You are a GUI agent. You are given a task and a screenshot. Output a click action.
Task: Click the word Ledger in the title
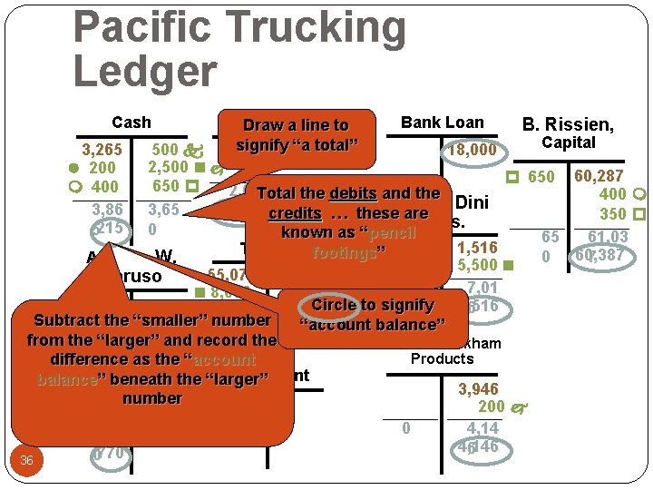[x=145, y=72]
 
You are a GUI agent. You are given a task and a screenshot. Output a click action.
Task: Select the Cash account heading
[x=132, y=122]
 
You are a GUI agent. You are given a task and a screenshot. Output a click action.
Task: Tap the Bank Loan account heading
[x=443, y=122]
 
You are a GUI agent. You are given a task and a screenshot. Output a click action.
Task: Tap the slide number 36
[x=26, y=461]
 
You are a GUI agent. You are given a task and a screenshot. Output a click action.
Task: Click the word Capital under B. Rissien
[x=569, y=142]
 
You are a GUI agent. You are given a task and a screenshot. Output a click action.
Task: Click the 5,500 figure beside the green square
[x=478, y=266]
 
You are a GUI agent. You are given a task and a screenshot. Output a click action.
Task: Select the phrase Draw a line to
[x=297, y=125]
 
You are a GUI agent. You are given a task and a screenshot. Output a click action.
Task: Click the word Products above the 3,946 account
[x=443, y=358]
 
